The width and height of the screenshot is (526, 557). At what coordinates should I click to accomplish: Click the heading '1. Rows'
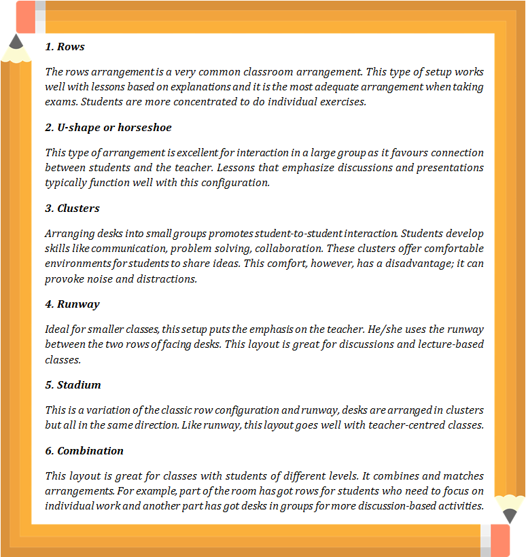coord(65,47)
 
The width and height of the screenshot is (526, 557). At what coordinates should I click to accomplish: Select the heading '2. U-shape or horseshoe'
coord(108,127)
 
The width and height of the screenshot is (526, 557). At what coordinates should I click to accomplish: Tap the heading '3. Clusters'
coord(72,208)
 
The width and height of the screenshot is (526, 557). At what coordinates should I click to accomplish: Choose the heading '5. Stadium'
coord(73,384)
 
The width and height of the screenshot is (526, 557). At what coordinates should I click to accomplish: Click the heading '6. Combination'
coord(84,450)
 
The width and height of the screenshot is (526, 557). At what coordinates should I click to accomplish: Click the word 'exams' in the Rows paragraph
coord(60,103)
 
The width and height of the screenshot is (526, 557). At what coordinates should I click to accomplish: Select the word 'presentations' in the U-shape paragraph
coord(452,167)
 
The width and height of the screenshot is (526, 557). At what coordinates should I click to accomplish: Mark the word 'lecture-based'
coord(452,344)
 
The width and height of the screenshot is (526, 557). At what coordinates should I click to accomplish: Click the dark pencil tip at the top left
coord(16,41)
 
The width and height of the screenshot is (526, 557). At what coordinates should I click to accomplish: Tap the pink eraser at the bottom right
coord(499,540)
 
